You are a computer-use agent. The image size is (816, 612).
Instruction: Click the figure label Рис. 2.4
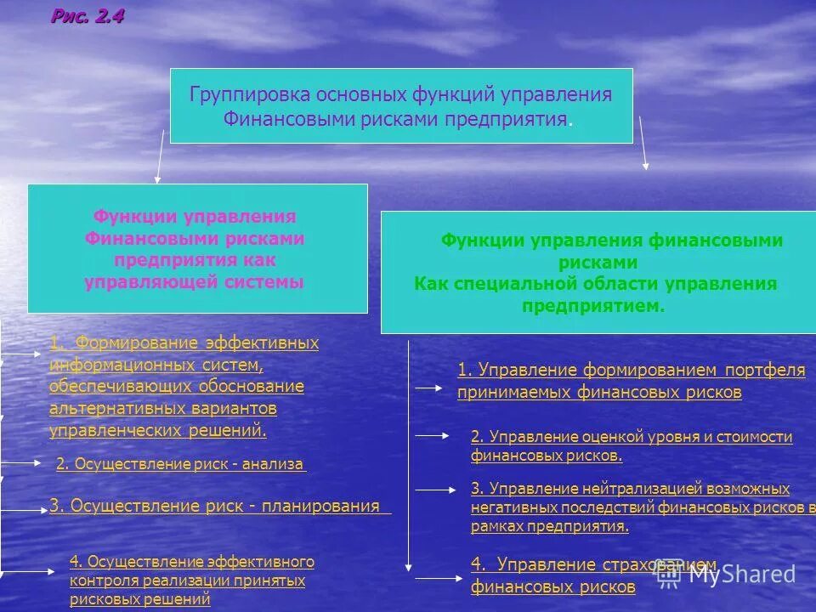pos(88,16)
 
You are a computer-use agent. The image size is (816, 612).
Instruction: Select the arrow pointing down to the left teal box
pos(160,156)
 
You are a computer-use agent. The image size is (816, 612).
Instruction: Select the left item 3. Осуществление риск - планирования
pos(214,507)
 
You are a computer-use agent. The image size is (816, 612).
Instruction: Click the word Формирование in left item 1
pos(139,343)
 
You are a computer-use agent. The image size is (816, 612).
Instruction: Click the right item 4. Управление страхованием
pos(593,565)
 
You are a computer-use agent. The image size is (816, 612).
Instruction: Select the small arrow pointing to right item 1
pos(429,387)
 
